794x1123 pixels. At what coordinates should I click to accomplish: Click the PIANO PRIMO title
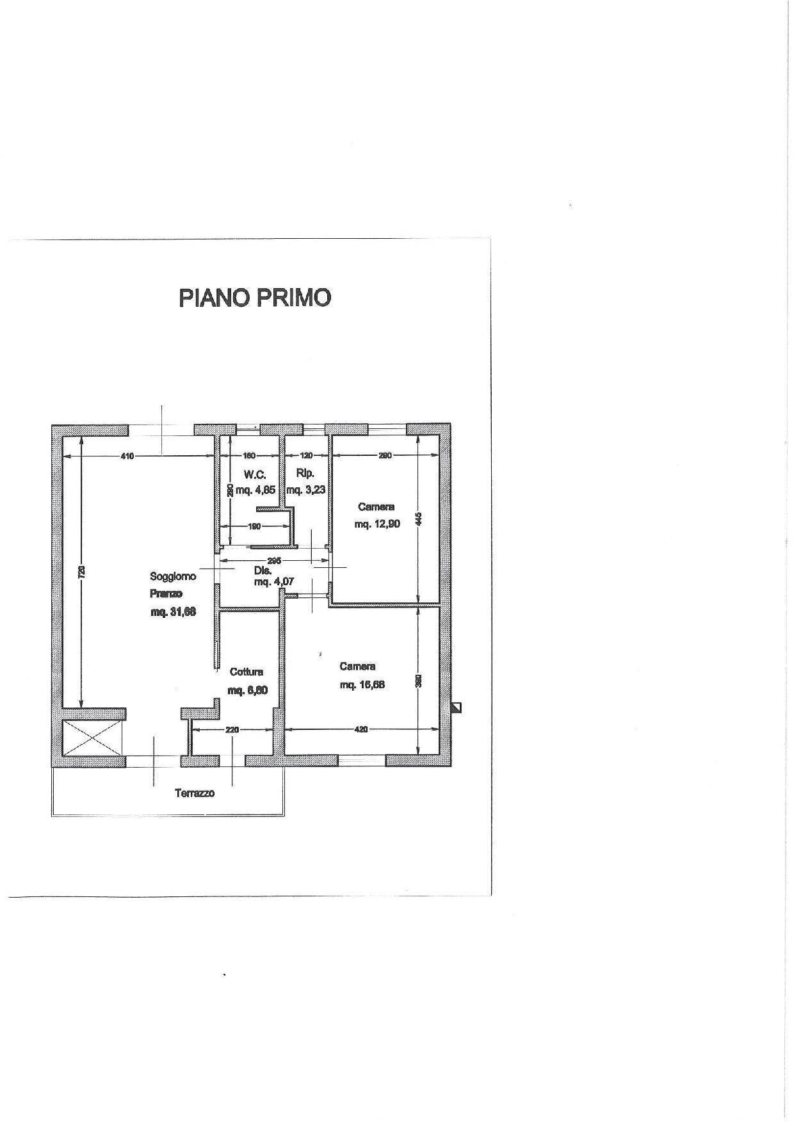[x=254, y=298]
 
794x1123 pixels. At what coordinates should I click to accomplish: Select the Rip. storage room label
[x=305, y=474]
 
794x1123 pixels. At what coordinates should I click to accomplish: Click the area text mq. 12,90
[x=377, y=524]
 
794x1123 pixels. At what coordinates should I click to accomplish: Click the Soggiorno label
[x=173, y=576]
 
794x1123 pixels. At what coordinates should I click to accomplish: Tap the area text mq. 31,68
[x=173, y=612]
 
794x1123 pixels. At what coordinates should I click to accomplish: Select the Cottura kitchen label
[x=247, y=672]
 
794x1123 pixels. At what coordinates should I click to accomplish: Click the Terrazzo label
[x=195, y=793]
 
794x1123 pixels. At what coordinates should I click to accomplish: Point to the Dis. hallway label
[x=263, y=570]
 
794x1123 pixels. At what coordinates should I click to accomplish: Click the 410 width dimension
[x=127, y=456]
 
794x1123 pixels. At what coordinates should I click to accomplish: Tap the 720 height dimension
[x=81, y=572]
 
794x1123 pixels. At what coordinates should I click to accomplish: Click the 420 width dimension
[x=361, y=729]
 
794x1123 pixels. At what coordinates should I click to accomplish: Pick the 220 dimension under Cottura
[x=232, y=729]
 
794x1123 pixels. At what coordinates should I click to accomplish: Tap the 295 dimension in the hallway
[x=274, y=561]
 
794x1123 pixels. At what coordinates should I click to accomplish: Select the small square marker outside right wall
[x=457, y=707]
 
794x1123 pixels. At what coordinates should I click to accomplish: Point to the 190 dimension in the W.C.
[x=254, y=526]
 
